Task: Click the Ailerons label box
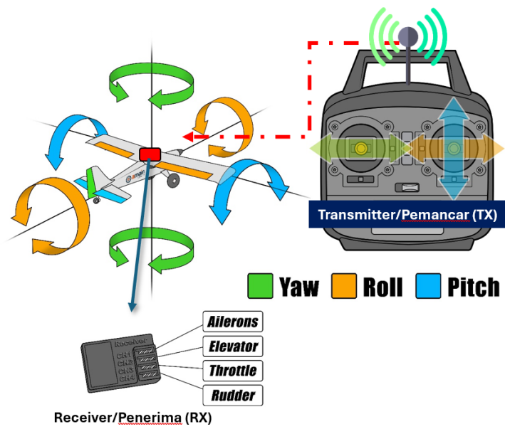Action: point(233,322)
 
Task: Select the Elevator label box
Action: point(233,346)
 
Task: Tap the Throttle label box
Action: point(233,371)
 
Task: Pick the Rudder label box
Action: point(233,395)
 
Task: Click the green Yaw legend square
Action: point(260,287)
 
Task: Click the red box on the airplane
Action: point(151,154)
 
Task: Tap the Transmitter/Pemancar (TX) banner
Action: point(407,214)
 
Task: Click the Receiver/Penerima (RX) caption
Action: point(132,417)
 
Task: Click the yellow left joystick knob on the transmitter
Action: point(362,147)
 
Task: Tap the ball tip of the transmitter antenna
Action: point(407,35)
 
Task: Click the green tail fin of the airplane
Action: point(90,179)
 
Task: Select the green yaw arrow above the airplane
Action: point(152,84)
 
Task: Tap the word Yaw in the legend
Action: point(299,287)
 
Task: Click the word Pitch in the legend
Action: point(473,287)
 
